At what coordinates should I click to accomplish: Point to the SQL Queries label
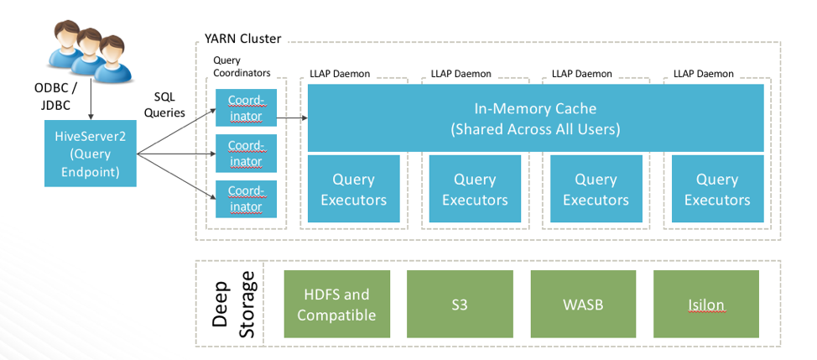(x=169, y=106)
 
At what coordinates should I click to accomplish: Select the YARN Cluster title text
(x=242, y=39)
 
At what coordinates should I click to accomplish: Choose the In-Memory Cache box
(x=535, y=118)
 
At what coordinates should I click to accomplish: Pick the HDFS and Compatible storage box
(x=336, y=305)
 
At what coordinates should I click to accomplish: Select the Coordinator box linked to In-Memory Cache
(x=245, y=109)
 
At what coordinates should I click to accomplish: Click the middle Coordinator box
(x=245, y=154)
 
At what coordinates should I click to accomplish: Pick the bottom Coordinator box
(x=245, y=199)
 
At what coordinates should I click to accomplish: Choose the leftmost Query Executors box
(x=353, y=190)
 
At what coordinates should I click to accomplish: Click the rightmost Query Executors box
(x=716, y=190)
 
